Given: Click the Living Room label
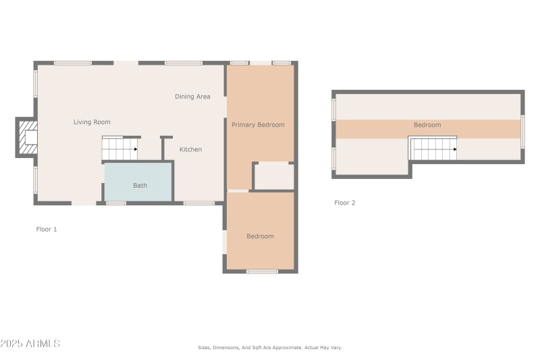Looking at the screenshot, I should [92, 122].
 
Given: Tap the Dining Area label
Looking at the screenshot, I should [192, 97].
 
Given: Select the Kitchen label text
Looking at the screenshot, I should [190, 149].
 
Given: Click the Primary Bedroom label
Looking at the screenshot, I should [258, 125].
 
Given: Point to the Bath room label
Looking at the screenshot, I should [140, 185].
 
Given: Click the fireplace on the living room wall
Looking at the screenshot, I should [27, 138].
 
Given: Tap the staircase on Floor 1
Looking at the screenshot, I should [119, 149].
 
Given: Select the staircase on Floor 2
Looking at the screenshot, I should [433, 149].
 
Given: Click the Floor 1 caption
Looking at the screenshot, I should [47, 230].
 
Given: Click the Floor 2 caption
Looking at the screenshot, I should [344, 203].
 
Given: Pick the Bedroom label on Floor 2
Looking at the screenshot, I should [427, 125].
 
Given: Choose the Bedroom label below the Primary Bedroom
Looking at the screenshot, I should [260, 236].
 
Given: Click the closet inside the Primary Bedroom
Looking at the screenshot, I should [274, 177].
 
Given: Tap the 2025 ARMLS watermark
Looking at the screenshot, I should [30, 344].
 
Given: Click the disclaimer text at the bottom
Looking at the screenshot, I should [269, 348].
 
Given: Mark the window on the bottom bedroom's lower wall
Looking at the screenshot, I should [262, 272].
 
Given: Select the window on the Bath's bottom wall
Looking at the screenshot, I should [116, 203].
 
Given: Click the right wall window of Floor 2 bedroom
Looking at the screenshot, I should [522, 131].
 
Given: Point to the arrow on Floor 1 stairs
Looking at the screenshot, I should [135, 149].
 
